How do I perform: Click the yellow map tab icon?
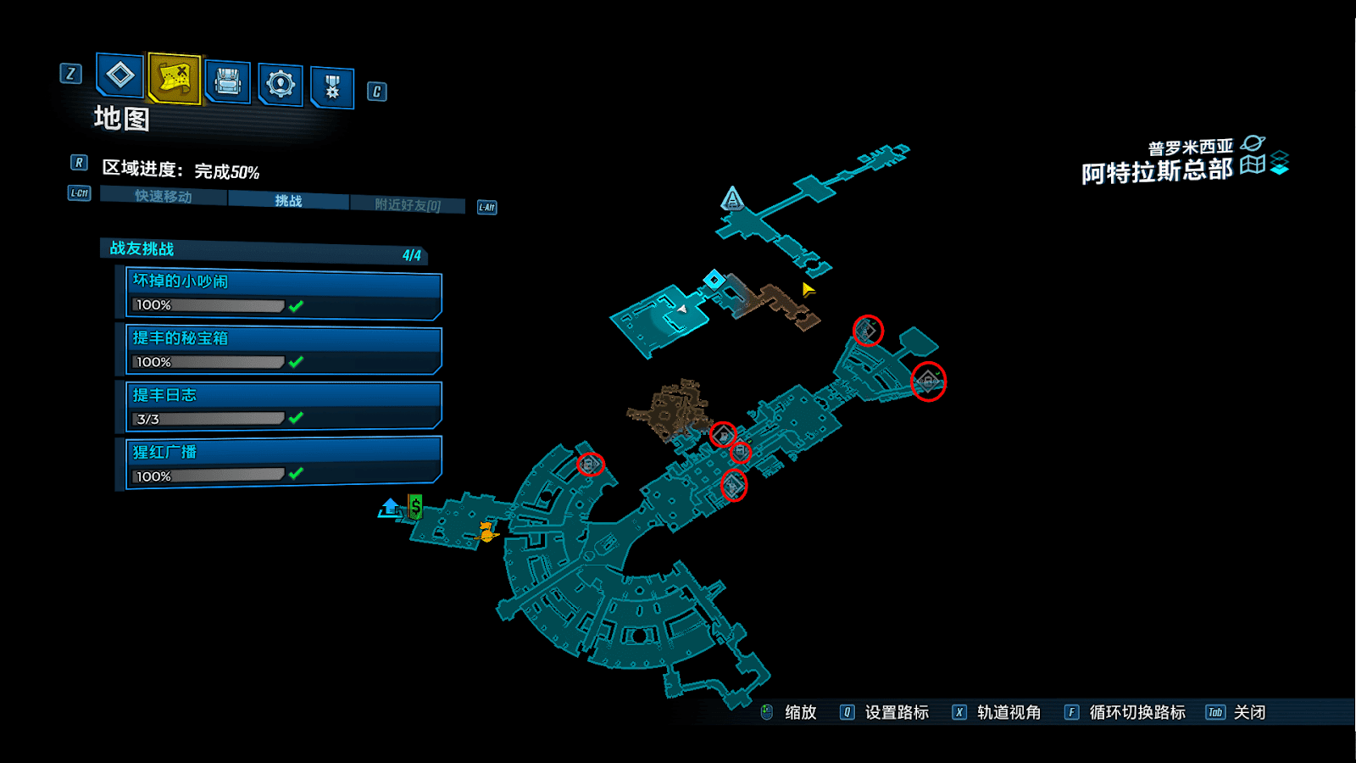pyautogui.click(x=175, y=78)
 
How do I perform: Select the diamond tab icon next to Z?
pyautogui.click(x=119, y=75)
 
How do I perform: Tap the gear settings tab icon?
pyautogui.click(x=281, y=84)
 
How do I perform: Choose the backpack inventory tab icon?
pyautogui.click(x=228, y=81)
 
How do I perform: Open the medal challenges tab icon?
pyautogui.click(x=332, y=86)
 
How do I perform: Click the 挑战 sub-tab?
pyautogui.click(x=288, y=201)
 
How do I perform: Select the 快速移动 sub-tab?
pyautogui.click(x=164, y=197)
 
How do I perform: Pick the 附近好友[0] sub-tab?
pyautogui.click(x=408, y=205)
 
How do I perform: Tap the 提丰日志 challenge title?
pyautogui.click(x=164, y=395)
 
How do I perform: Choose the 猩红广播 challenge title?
pyautogui.click(x=164, y=452)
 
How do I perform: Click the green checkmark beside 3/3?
pyautogui.click(x=296, y=418)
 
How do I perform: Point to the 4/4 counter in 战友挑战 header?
pyautogui.click(x=412, y=255)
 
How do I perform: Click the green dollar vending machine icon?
pyautogui.click(x=415, y=506)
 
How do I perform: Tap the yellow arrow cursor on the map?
pyautogui.click(x=808, y=289)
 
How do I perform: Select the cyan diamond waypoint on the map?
pyautogui.click(x=714, y=279)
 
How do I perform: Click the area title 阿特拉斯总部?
pyautogui.click(x=1157, y=171)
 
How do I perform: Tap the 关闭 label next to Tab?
pyautogui.click(x=1249, y=712)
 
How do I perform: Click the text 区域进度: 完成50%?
pyautogui.click(x=181, y=170)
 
